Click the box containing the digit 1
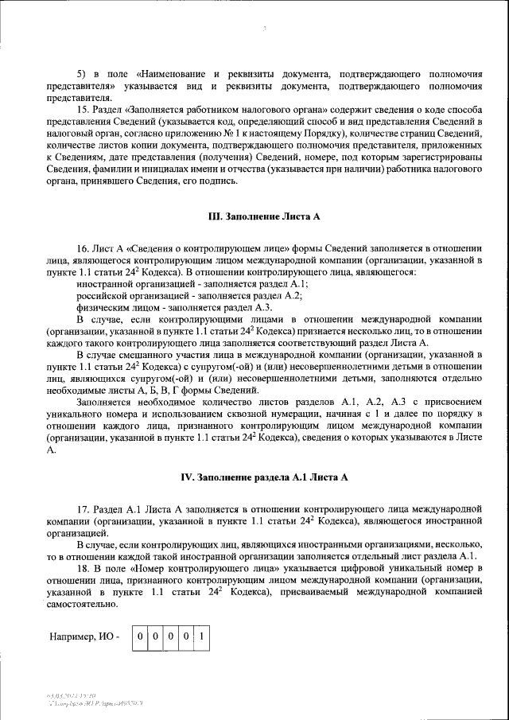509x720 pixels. point(202,636)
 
